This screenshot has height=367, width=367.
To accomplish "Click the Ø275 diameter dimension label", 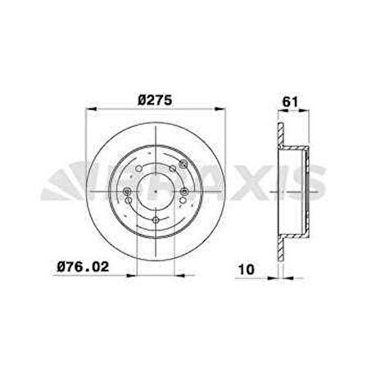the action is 155,100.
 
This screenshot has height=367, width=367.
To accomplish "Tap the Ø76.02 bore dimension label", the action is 83,266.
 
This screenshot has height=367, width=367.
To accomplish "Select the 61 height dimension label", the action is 290,102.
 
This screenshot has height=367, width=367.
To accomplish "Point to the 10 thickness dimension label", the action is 247,270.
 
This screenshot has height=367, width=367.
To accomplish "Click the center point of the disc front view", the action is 156,192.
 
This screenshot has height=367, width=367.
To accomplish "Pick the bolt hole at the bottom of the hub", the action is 156,220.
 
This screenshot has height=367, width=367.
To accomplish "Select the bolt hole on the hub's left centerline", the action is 127,192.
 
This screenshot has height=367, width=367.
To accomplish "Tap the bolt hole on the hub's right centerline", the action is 184,191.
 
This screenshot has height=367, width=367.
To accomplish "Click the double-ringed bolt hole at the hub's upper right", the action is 183,164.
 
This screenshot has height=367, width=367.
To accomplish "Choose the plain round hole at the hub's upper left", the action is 138,168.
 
